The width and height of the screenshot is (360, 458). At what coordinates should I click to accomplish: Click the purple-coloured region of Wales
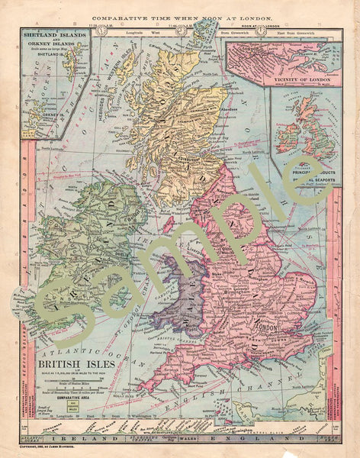tap(178, 294)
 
